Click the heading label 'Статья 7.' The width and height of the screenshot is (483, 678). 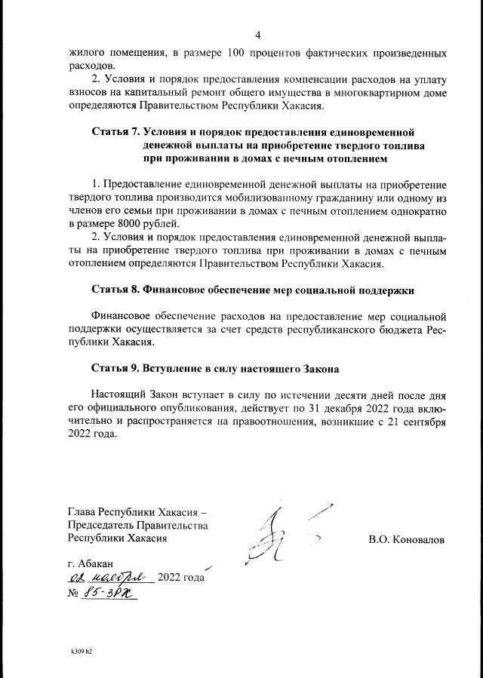[115, 132]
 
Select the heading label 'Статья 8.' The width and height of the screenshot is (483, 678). [115, 289]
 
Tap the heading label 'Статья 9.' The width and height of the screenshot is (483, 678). [115, 369]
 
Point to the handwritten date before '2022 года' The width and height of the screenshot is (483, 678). [110, 578]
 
